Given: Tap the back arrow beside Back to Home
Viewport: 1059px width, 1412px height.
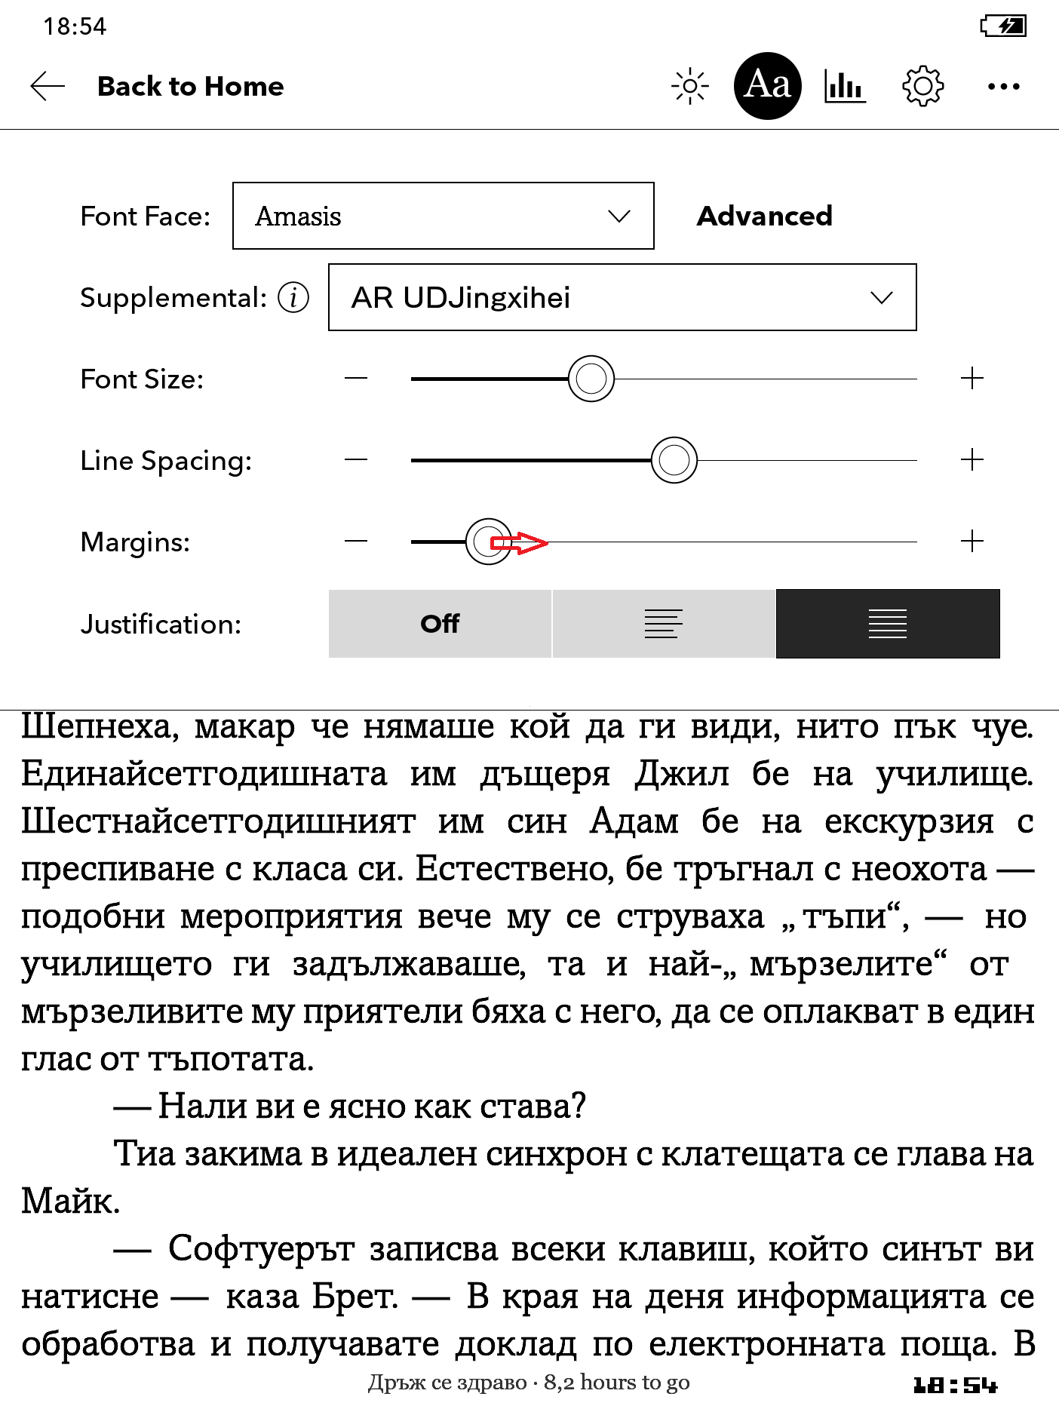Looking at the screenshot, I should click(x=48, y=87).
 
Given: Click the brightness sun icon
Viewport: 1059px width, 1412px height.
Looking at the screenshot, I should click(x=689, y=86).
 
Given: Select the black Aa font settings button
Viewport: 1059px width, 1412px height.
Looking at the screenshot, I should click(x=767, y=86).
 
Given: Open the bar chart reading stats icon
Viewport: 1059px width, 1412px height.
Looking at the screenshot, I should click(x=845, y=86).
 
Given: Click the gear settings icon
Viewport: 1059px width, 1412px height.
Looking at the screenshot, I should click(x=922, y=86).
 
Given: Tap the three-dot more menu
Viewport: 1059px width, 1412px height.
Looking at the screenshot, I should click(x=1003, y=87).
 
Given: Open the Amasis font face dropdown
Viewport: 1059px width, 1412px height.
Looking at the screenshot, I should click(x=443, y=216).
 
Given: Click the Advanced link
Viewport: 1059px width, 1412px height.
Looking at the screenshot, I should click(x=764, y=216).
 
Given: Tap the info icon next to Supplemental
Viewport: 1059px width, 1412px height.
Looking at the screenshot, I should click(x=293, y=297).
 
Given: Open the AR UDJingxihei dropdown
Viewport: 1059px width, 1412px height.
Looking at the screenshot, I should click(x=622, y=297).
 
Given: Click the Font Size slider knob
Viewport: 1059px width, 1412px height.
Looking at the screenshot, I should click(x=591, y=379).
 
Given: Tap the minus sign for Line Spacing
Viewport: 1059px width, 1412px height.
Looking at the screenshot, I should click(x=356, y=460).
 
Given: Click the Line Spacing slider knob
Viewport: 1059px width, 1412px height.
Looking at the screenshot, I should click(x=674, y=460).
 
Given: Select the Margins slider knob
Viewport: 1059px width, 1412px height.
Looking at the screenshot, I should click(x=488, y=542).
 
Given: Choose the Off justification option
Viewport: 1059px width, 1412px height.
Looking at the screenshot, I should click(x=440, y=624).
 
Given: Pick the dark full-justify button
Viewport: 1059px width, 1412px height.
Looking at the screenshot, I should click(x=888, y=624).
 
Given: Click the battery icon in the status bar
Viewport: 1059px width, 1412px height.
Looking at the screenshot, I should click(x=1003, y=26).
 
